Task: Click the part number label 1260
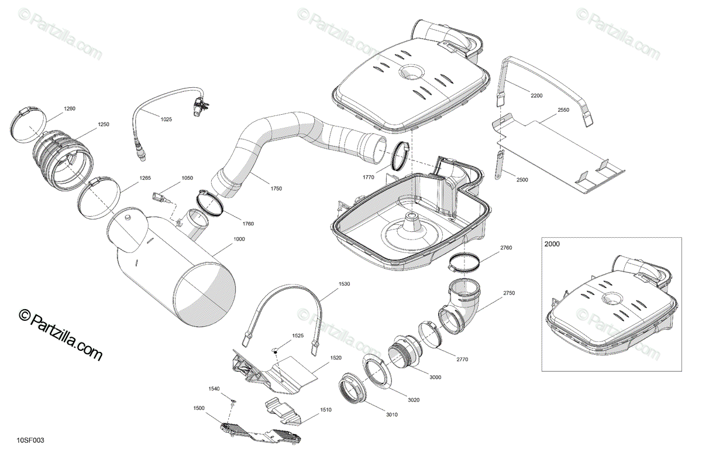pos(70,108)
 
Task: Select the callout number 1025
pos(166,119)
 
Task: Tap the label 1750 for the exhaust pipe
pos(276,189)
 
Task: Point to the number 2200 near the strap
pos(536,95)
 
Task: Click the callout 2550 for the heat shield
pos(563,110)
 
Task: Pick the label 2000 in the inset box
pos(552,244)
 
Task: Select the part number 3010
pos(391,415)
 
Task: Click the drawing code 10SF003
pos(30,440)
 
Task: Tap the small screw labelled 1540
pos(233,401)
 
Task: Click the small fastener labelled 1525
pos(274,350)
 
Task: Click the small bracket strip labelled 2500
pos(499,166)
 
